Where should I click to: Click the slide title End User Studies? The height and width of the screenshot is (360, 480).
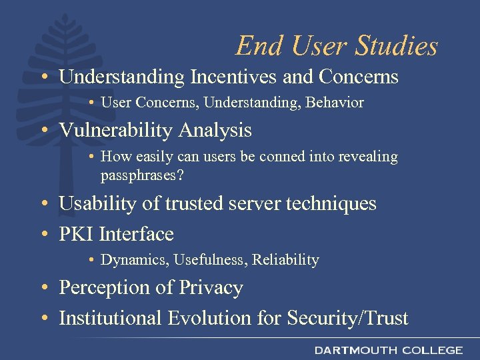point(337,46)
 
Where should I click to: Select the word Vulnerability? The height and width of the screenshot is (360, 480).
point(117,130)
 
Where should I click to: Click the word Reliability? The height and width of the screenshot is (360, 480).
point(285,260)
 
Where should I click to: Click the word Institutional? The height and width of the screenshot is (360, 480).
point(111,319)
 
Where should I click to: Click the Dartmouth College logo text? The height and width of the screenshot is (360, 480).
point(389,350)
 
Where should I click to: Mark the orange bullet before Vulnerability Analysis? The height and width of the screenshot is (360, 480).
point(43,131)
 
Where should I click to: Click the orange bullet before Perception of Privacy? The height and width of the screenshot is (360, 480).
point(43,288)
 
